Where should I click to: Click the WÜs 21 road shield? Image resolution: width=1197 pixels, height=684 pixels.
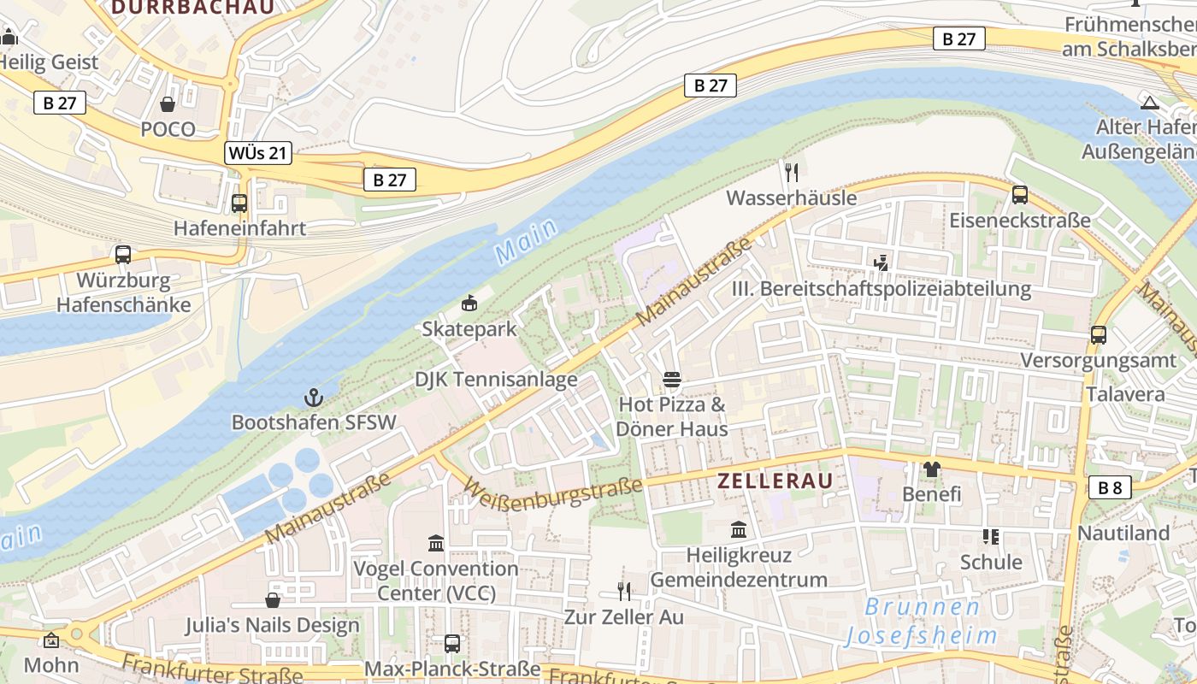click(x=258, y=154)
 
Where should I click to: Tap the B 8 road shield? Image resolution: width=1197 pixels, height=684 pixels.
click(x=1110, y=488)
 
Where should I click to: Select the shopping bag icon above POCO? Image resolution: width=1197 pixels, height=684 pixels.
click(x=168, y=104)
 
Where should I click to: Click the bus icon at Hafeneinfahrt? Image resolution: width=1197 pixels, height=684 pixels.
click(x=239, y=203)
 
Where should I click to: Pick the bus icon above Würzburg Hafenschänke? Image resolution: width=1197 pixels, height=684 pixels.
click(x=123, y=255)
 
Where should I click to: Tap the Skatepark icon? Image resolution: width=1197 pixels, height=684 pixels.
click(x=469, y=304)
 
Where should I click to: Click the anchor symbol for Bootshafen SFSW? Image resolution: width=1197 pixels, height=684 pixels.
click(x=314, y=398)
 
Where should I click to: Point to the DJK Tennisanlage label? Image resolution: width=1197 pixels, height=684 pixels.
click(x=496, y=380)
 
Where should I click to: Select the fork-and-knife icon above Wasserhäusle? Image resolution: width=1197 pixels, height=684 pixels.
click(x=791, y=173)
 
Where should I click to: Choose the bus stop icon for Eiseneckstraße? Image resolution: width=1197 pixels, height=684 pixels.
click(x=1019, y=195)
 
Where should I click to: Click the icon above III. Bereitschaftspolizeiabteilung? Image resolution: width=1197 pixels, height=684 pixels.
click(x=882, y=263)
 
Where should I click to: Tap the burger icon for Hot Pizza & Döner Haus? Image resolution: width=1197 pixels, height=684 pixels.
click(x=671, y=379)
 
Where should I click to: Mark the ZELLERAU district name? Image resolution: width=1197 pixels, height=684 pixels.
click(x=775, y=481)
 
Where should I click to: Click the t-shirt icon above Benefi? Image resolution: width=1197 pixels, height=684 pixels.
click(x=931, y=469)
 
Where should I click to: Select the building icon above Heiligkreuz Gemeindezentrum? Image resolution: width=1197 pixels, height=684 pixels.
click(x=739, y=530)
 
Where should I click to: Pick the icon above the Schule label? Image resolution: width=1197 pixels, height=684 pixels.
click(x=991, y=537)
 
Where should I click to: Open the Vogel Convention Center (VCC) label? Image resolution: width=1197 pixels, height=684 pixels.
click(x=436, y=581)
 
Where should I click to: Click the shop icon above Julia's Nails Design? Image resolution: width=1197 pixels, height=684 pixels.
click(x=273, y=600)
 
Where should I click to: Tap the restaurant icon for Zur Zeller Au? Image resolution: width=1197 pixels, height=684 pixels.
click(x=624, y=591)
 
